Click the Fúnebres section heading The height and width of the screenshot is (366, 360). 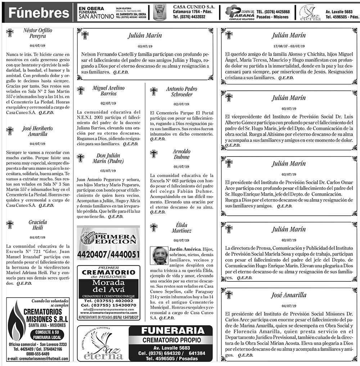coord(39,13)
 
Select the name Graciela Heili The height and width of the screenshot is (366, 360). coord(38,225)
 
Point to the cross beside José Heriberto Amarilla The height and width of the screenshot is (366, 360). coord(10,131)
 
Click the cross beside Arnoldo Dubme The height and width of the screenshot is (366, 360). coord(154,154)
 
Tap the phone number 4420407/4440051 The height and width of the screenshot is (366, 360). coord(108,255)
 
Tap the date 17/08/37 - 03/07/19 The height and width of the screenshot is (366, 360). coord(289,46)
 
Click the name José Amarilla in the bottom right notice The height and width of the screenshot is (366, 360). coord(289,295)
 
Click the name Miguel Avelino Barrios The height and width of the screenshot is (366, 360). coord(108,90)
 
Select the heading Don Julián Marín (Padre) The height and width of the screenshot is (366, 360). coord(109,158)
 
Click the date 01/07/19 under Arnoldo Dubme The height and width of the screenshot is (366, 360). coord(181,167)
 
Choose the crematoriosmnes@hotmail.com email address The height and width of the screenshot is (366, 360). coord(38,359)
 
